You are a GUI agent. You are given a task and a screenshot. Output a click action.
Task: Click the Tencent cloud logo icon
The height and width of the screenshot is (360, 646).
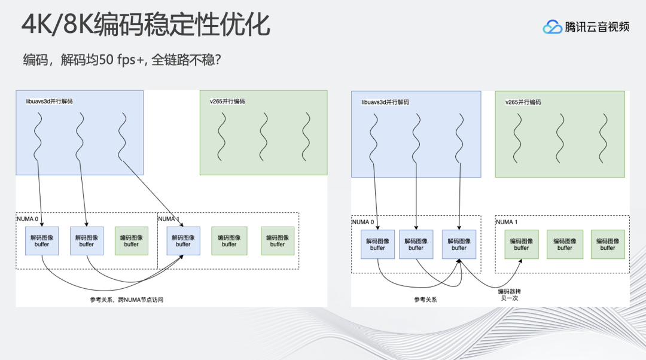(552, 27)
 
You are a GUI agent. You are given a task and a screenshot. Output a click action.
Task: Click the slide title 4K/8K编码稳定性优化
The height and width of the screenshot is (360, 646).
(145, 25)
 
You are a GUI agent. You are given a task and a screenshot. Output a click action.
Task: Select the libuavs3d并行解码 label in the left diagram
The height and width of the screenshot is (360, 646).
(49, 102)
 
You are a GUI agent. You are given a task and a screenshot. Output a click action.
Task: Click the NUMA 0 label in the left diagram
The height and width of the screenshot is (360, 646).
(28, 219)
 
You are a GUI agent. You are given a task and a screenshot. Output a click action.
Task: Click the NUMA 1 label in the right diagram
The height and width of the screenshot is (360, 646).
(507, 222)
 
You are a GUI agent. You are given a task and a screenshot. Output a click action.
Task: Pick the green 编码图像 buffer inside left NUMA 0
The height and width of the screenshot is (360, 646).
(131, 240)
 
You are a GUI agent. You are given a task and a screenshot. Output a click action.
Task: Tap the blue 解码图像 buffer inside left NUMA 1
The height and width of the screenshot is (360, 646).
(183, 240)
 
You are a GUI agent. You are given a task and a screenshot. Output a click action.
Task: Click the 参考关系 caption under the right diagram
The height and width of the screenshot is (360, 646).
(425, 300)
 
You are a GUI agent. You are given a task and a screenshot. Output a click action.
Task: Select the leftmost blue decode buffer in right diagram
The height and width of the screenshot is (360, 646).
(377, 244)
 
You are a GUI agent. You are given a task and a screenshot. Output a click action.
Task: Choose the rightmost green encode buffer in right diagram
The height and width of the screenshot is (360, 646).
(607, 244)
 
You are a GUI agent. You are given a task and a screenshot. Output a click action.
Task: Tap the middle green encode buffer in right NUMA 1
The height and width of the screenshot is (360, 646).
(564, 244)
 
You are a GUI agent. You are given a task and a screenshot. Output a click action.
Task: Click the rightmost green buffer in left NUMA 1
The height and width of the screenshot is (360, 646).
(277, 240)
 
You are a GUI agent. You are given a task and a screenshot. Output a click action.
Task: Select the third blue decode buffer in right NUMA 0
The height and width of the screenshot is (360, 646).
(459, 244)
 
